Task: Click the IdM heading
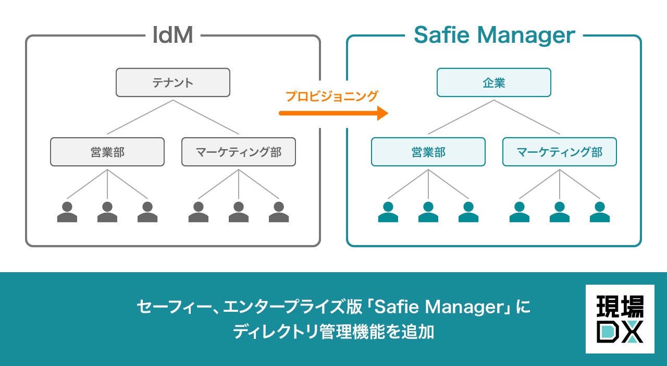(173, 35)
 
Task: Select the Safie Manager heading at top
(494, 35)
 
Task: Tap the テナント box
(172, 82)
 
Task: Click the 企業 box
(493, 82)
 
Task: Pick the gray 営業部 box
(107, 152)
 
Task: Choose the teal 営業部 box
(428, 152)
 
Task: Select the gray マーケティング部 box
(239, 152)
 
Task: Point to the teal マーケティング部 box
(560, 152)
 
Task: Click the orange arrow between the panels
(333, 113)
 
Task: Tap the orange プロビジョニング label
(331, 96)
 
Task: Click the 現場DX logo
(620, 319)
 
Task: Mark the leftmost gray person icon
(67, 212)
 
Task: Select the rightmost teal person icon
(600, 212)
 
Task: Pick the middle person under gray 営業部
(107, 212)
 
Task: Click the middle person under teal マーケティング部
(560, 212)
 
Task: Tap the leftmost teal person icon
(388, 212)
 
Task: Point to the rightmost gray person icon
(279, 212)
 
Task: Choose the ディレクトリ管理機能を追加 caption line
(333, 332)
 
